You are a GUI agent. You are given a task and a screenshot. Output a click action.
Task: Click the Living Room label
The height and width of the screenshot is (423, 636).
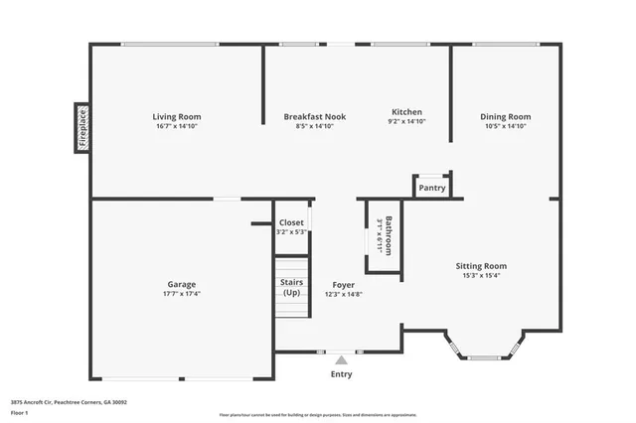click(x=177, y=116)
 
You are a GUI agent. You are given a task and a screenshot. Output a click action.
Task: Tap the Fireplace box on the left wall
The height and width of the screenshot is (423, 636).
click(x=82, y=128)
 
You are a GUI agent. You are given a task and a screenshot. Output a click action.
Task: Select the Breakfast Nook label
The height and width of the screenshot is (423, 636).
click(x=314, y=116)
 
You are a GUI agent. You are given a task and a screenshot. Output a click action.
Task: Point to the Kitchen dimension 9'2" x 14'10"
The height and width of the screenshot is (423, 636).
click(x=406, y=122)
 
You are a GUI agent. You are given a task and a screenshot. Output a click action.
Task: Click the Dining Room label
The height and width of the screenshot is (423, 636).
click(x=505, y=116)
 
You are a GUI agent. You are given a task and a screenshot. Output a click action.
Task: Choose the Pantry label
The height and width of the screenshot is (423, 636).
click(x=431, y=188)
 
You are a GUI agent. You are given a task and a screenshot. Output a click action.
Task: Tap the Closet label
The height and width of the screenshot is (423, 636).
click(x=291, y=222)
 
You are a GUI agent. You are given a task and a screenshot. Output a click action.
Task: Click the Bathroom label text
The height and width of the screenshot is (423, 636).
click(x=390, y=235)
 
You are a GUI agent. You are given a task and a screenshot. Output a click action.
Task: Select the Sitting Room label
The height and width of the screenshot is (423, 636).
click(x=481, y=266)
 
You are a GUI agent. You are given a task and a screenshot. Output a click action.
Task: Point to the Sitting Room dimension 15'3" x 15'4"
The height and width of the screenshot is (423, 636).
click(x=481, y=276)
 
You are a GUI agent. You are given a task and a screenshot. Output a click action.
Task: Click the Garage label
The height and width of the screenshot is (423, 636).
click(x=181, y=284)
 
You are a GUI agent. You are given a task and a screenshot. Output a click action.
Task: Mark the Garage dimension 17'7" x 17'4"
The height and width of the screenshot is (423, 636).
click(x=181, y=294)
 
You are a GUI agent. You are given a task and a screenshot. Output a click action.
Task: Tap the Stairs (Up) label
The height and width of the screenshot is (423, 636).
click(x=291, y=287)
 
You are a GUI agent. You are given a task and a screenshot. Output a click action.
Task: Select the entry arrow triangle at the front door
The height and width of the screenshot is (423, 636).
click(x=341, y=359)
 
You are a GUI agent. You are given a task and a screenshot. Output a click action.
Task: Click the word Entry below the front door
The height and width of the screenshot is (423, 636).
click(x=341, y=374)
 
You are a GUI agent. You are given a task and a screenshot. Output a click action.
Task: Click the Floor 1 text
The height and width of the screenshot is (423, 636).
click(x=20, y=411)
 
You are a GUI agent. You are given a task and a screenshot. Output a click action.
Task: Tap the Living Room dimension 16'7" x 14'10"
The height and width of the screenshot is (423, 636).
click(x=177, y=126)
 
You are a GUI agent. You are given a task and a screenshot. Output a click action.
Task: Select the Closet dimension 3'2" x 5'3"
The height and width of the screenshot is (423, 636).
click(x=291, y=232)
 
